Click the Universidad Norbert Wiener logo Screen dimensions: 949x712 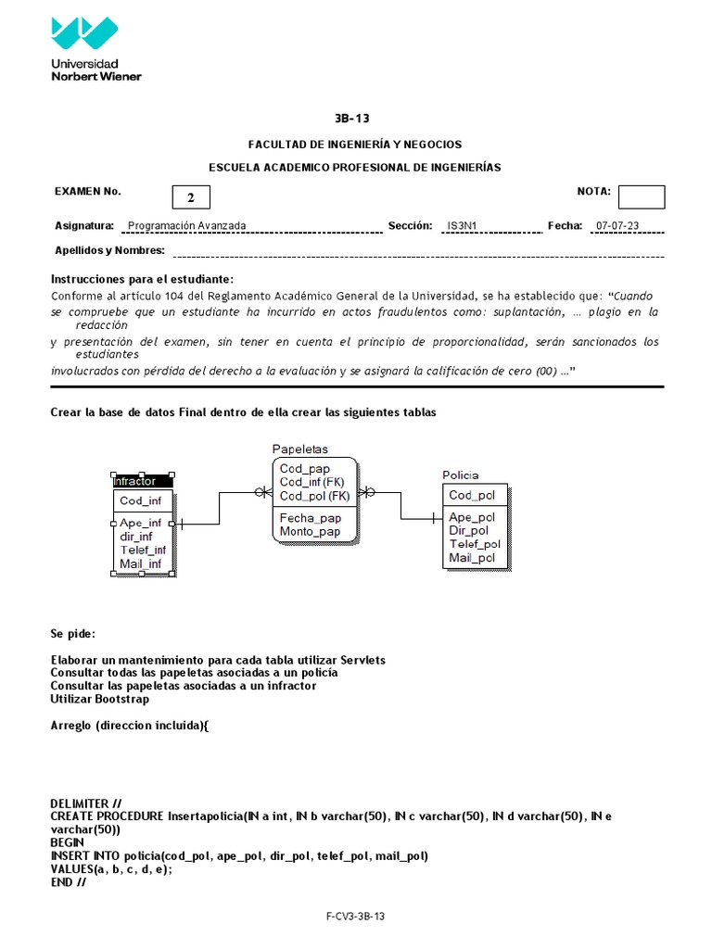96,48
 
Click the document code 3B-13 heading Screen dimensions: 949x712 355,119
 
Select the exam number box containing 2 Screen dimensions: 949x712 191,197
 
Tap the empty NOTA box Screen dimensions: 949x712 641,196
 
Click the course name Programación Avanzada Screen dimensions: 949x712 186,225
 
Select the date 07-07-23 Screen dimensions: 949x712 617,225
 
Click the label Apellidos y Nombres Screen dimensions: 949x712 109,250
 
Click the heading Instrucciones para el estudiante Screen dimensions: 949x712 142,280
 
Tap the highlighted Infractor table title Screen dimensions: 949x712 135,481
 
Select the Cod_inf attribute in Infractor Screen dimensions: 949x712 141,501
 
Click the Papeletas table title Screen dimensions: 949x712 299,449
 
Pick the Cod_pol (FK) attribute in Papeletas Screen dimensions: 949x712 314,495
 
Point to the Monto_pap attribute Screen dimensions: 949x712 310,531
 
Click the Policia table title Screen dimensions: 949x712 460,474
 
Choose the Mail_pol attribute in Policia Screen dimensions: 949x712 472,558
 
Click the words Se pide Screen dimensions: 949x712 72,635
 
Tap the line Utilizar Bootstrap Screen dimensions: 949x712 99,699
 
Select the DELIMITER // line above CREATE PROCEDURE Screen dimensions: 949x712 85,803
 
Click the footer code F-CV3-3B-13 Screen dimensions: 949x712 355,917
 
